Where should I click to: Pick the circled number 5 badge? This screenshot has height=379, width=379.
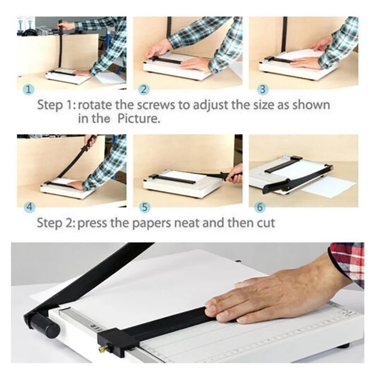(x=144, y=207)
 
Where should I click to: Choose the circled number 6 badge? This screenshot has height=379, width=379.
(x=261, y=207)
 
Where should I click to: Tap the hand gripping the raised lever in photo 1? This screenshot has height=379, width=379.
(x=67, y=25)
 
